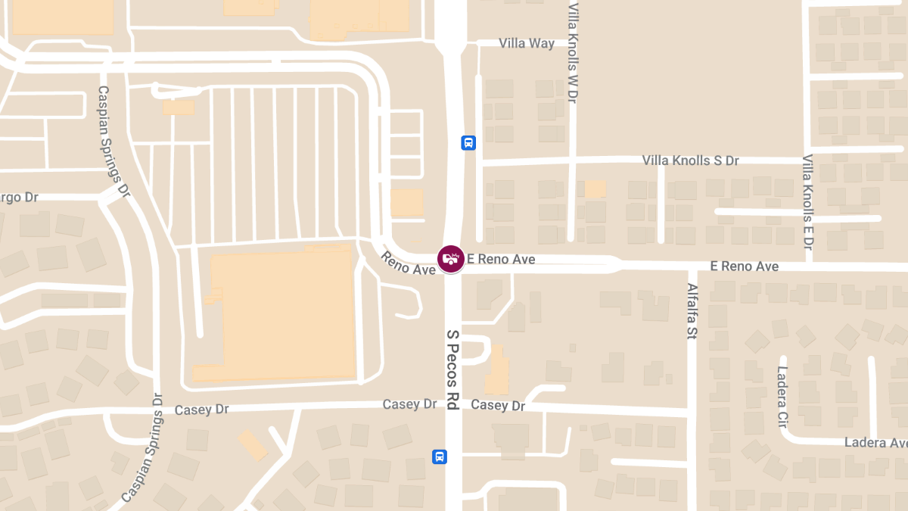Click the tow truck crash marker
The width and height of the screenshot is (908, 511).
[x=451, y=259]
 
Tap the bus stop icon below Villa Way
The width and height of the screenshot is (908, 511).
[x=468, y=142]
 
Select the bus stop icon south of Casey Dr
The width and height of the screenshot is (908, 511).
[x=439, y=456]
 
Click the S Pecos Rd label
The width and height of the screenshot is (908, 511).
[x=452, y=370]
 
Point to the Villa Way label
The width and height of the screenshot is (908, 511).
[x=527, y=43]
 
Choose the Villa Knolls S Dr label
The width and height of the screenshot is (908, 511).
[x=690, y=160]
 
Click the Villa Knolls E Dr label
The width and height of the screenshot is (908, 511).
[x=807, y=203]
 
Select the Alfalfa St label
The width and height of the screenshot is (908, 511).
[x=692, y=311]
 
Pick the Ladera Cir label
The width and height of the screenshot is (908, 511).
[x=782, y=396]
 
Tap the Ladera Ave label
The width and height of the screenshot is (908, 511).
[x=875, y=442]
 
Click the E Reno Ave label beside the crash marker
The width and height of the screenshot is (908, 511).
[x=501, y=260]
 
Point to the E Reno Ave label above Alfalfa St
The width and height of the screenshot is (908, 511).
[x=744, y=266]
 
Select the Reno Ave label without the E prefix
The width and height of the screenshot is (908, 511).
[x=409, y=263]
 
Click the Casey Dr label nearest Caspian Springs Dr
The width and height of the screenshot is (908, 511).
[x=201, y=410]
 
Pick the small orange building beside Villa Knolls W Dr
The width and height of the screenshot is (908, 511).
[x=595, y=189]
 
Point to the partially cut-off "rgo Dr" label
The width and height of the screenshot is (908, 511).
[x=20, y=198]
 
